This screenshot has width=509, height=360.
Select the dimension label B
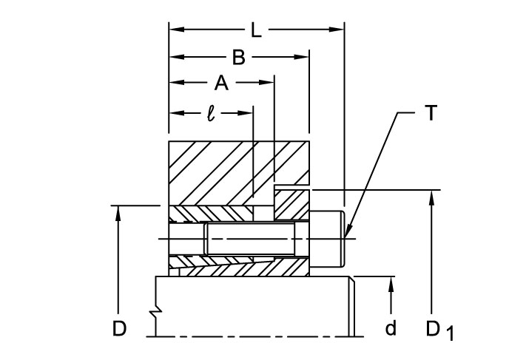point(238,57)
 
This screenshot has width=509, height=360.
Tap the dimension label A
point(220,83)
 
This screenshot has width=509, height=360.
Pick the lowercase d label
point(391,328)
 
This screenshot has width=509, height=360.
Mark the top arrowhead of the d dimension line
point(391,283)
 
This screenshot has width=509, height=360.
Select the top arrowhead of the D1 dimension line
point(431,196)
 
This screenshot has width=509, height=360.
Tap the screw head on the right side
point(327,238)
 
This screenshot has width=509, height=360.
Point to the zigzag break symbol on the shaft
point(157,314)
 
